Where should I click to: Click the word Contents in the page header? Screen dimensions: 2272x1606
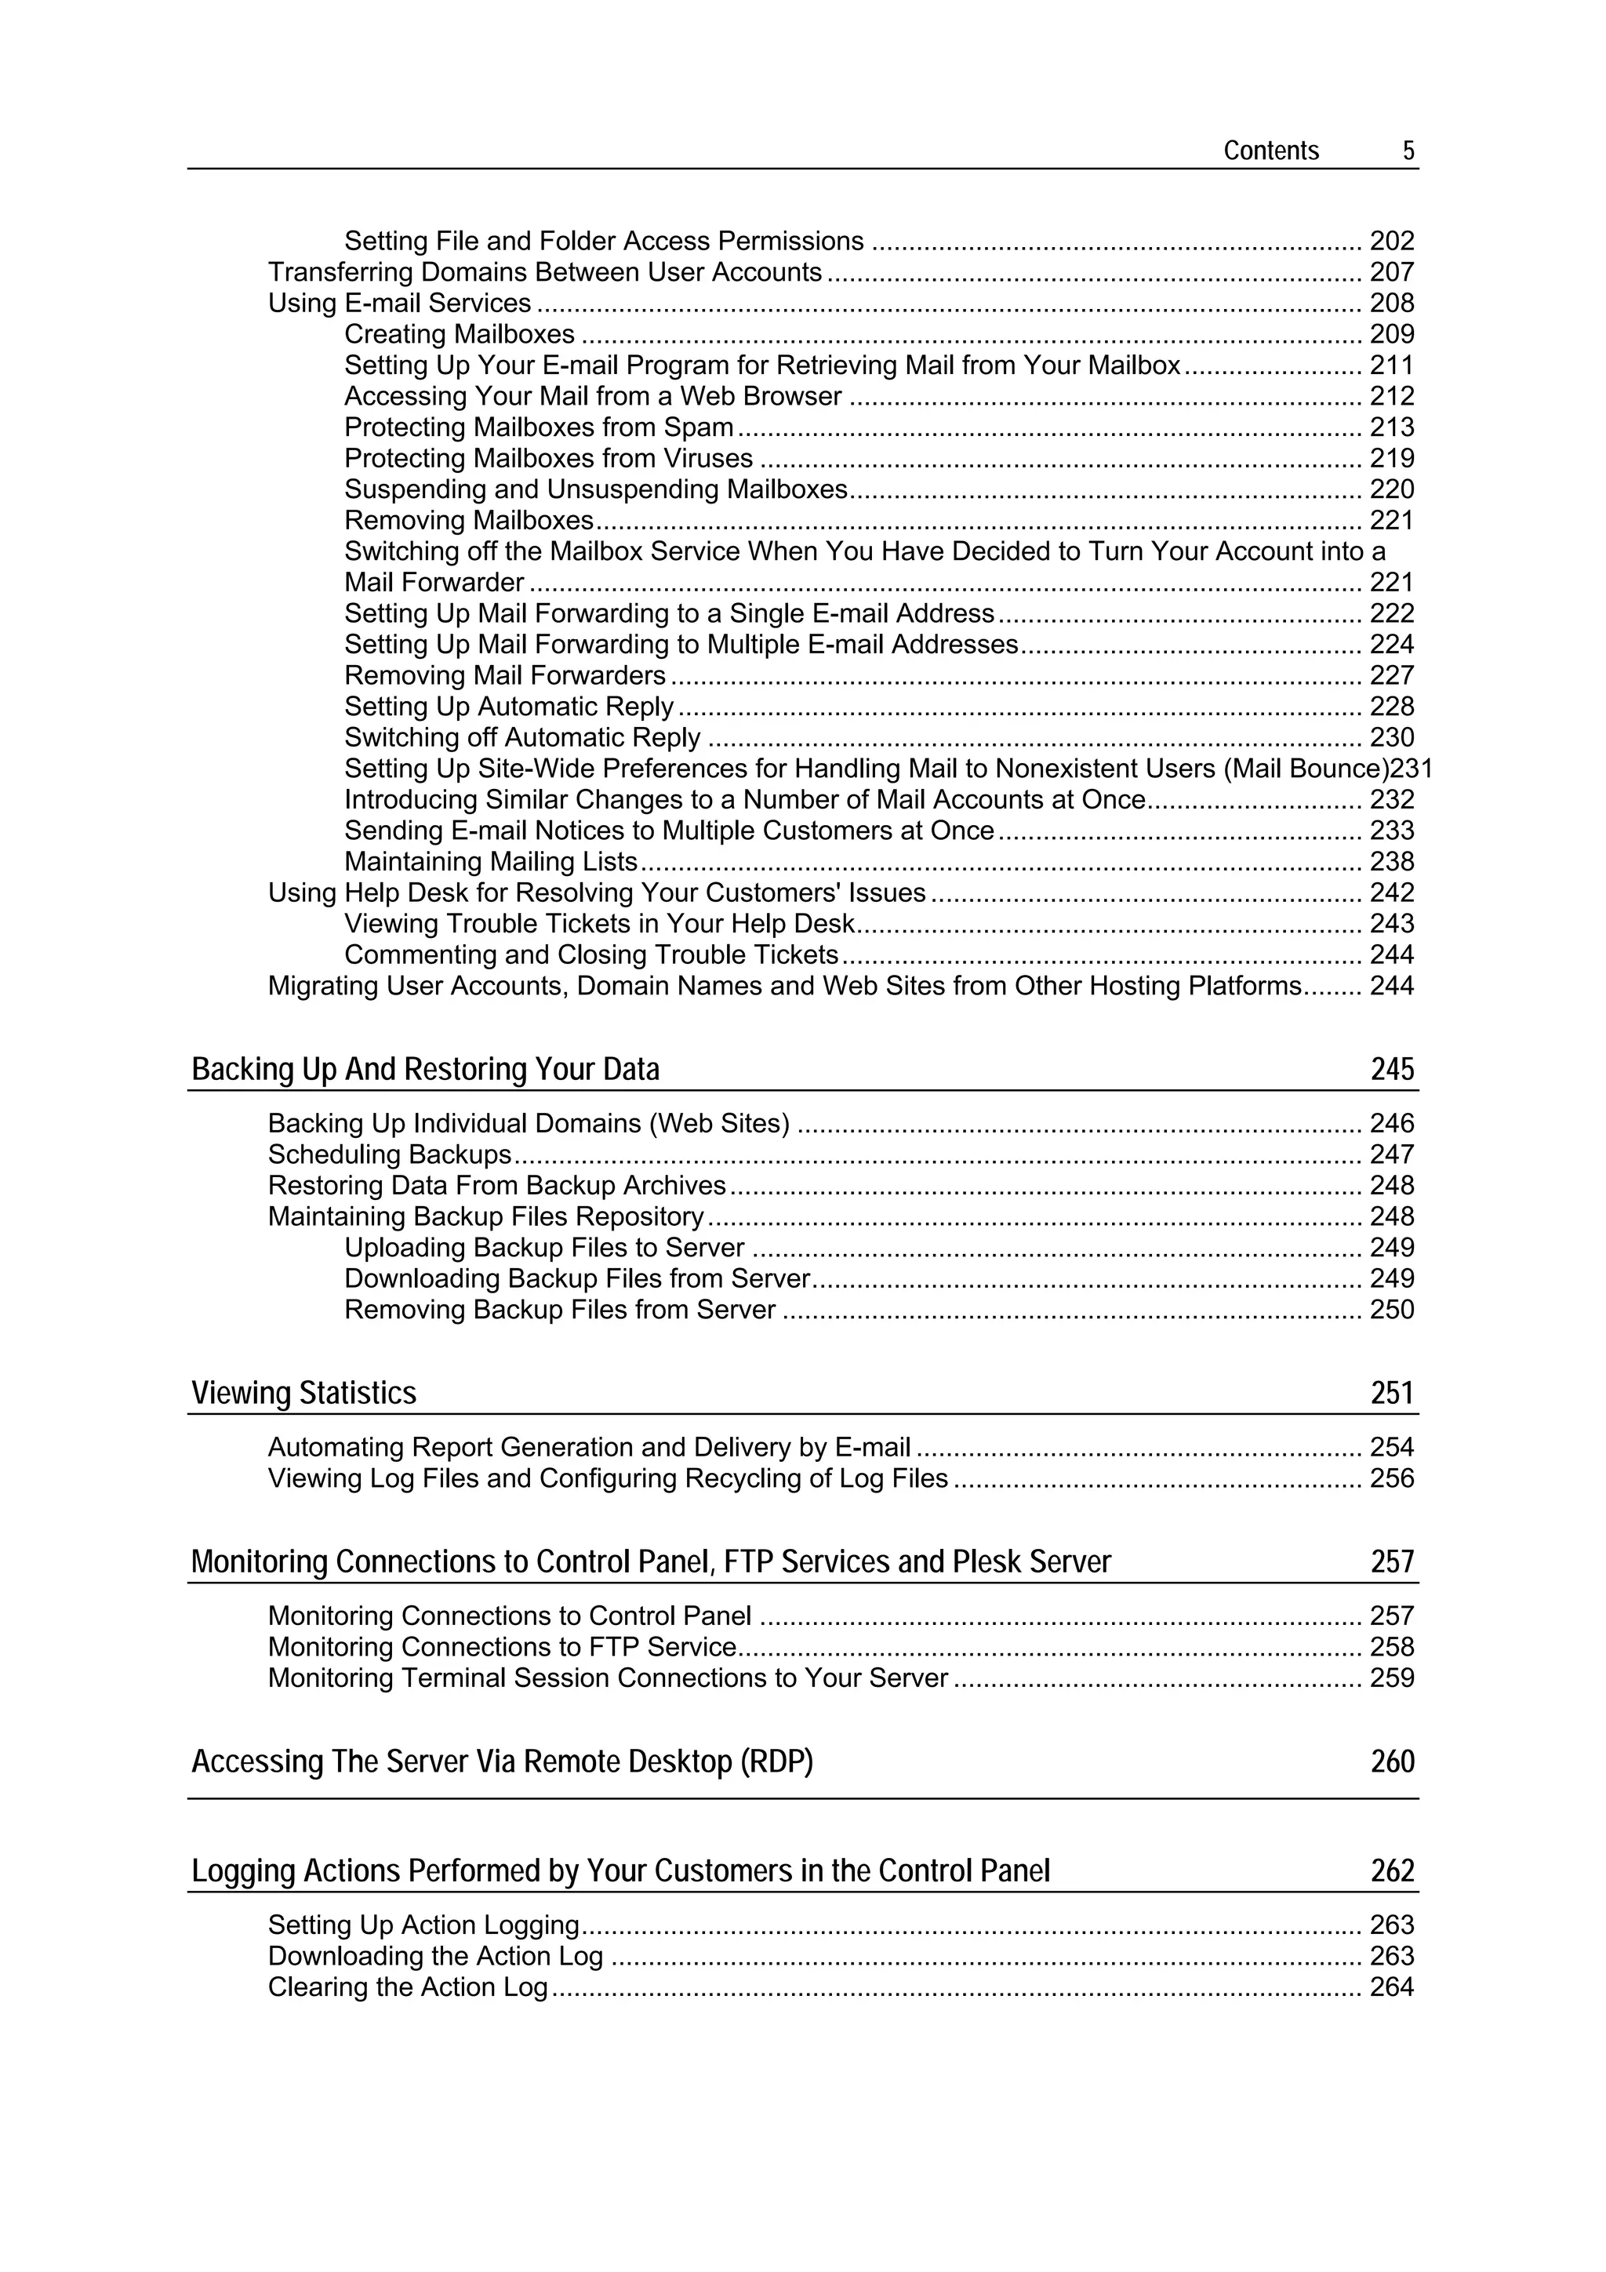coord(1270,151)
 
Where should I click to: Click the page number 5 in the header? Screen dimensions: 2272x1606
coord(1408,151)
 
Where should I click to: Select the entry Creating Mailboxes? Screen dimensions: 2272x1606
coord(460,334)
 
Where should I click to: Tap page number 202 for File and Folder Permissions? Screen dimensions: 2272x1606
coord(1391,242)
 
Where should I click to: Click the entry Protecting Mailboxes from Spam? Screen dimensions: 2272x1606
coord(538,427)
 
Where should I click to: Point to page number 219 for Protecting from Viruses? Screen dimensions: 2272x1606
coord(1391,458)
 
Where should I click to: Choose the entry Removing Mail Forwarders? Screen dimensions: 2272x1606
coord(505,676)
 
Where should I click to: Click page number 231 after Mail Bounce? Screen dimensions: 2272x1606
coord(1412,769)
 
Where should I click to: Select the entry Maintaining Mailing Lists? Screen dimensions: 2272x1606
coord(491,862)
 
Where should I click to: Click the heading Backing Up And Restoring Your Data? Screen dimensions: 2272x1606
coord(426,1070)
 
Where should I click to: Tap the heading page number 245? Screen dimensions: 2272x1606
coord(1392,1070)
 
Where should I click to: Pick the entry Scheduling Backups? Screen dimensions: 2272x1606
coord(390,1154)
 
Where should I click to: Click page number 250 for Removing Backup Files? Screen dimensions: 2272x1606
coord(1391,1310)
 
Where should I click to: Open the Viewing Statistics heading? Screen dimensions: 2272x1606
coord(303,1394)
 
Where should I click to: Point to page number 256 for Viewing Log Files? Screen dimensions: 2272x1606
coord(1391,1478)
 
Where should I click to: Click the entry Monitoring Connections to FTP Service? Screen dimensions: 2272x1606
coord(502,1648)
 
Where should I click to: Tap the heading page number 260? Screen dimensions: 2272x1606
coord(1392,1762)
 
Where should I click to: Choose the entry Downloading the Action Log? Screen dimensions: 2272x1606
coord(435,1956)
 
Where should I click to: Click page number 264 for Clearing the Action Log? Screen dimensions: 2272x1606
coord(1391,1987)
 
